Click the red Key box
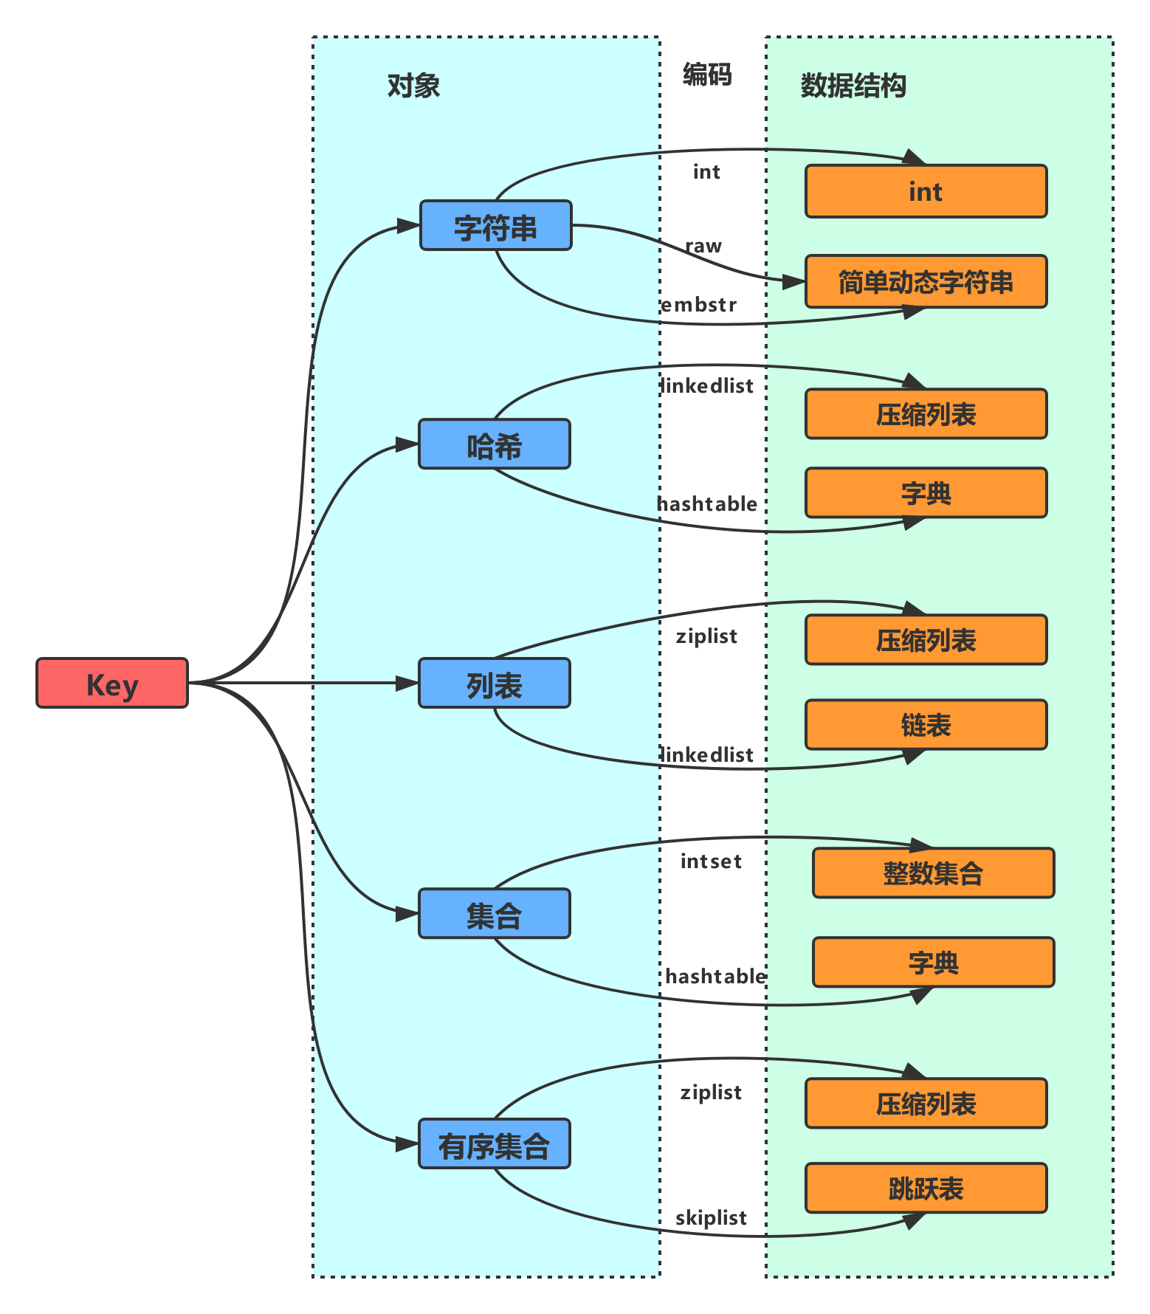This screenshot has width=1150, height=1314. (112, 683)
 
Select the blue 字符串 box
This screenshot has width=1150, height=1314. (496, 225)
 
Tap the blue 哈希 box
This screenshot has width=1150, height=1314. (495, 444)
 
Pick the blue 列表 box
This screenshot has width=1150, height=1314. (495, 683)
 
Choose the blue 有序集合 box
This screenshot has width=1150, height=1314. (495, 1143)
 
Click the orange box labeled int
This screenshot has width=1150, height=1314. (926, 191)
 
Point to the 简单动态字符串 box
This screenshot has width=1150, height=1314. (926, 281)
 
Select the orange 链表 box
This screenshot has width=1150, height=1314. (926, 725)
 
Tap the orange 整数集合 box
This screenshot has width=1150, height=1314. (934, 873)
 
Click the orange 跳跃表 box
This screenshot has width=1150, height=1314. (926, 1188)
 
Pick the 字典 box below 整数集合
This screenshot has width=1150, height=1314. (934, 962)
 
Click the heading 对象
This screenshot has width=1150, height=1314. (413, 86)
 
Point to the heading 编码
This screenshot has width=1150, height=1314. (707, 74)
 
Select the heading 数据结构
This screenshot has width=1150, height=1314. (853, 86)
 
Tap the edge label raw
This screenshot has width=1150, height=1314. (703, 246)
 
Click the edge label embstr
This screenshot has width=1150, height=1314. (698, 304)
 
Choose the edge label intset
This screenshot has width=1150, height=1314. (711, 861)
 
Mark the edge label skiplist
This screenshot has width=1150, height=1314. (711, 1217)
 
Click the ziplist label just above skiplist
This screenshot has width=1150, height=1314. (711, 1093)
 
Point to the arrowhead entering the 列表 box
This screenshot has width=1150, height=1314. (407, 683)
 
